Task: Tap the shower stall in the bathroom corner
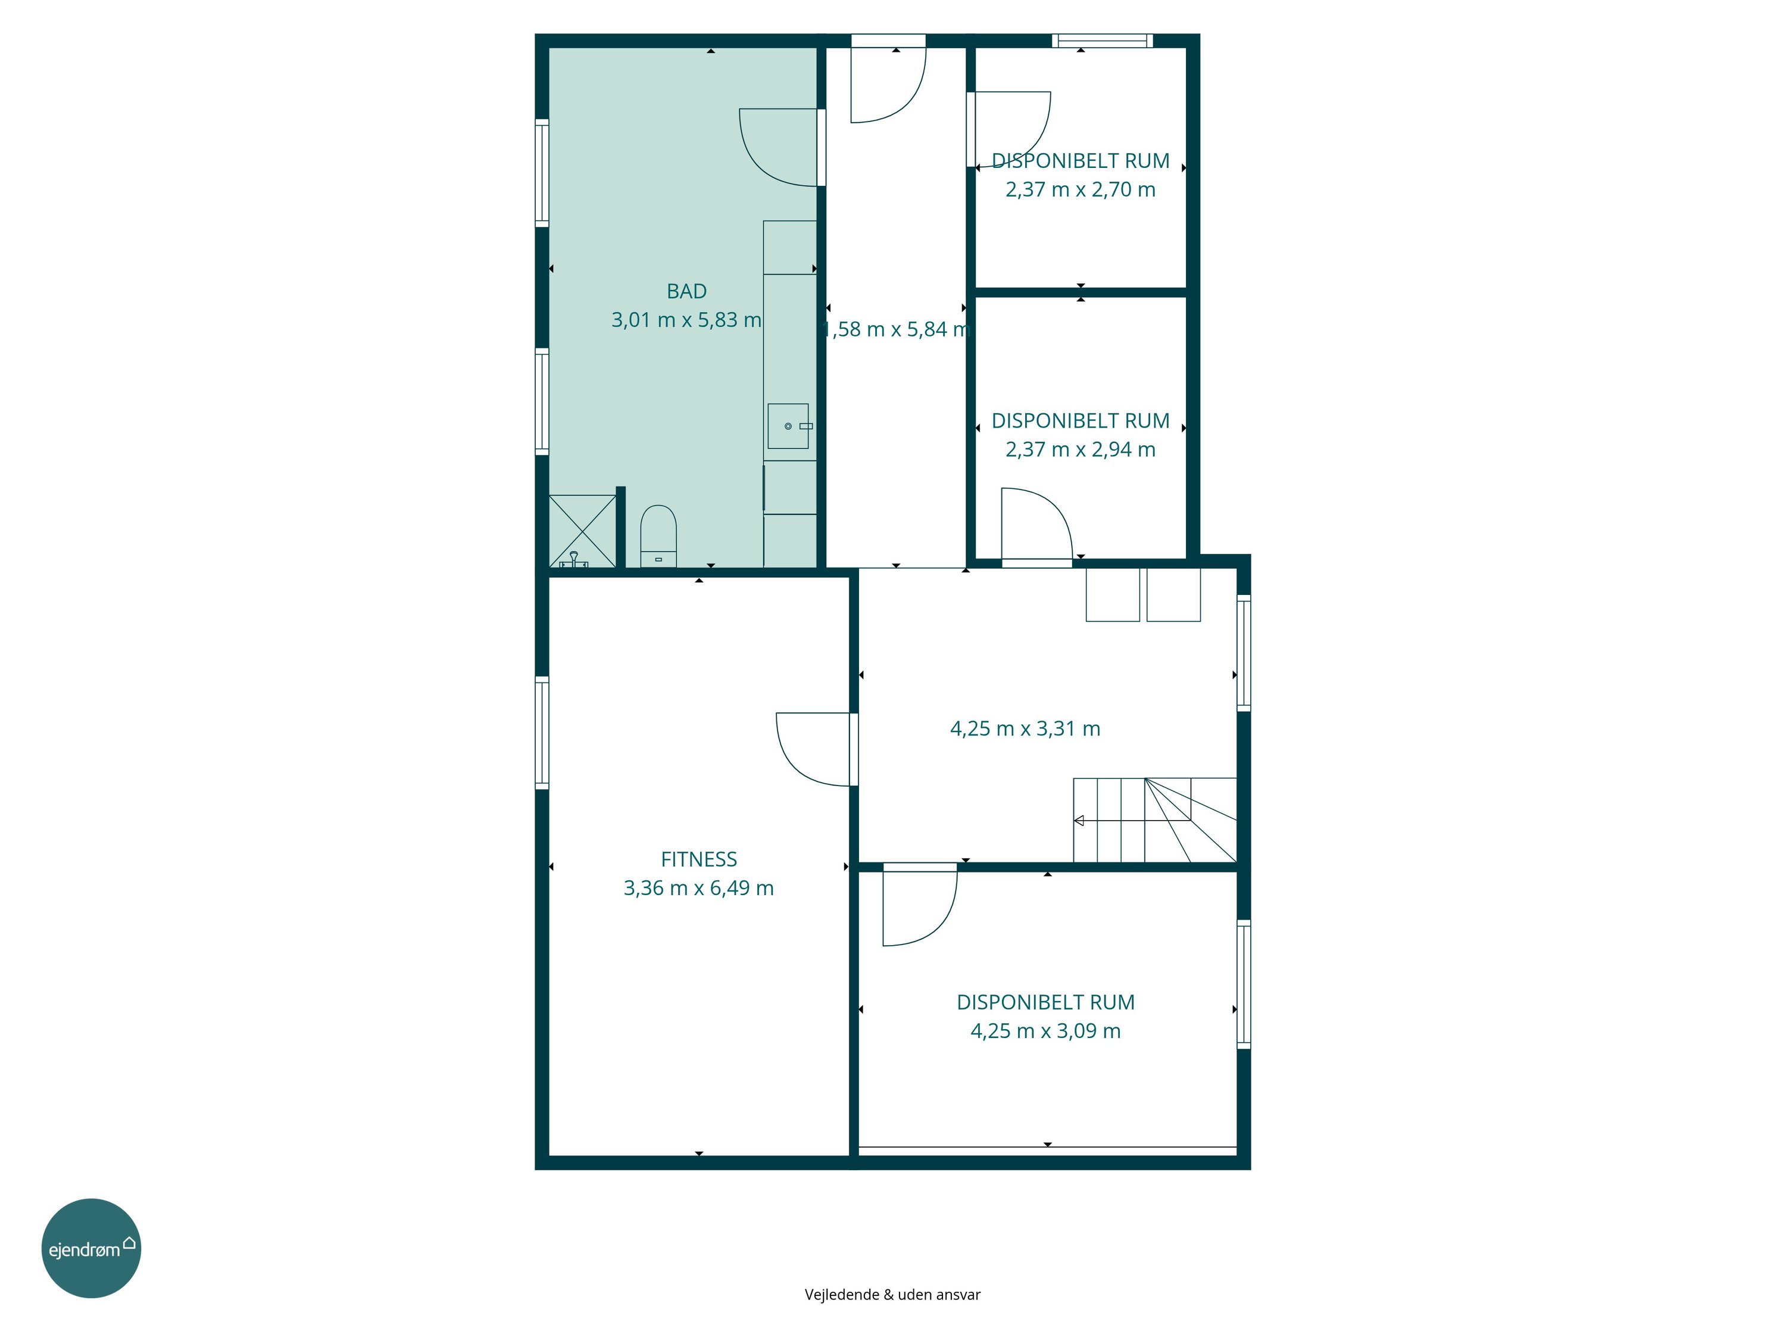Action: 582,531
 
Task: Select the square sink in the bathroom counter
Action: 788,426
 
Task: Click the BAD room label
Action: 687,291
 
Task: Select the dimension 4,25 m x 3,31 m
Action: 1025,728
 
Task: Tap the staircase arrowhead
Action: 1079,821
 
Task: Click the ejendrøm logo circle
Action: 91,1248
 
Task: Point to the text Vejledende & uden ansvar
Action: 892,1295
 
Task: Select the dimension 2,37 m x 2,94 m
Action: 1081,450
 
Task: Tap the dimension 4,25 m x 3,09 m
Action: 1045,1032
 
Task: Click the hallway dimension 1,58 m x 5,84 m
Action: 895,329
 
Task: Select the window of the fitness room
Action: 542,733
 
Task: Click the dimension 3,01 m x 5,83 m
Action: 687,320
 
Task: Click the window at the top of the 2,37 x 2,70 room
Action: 1102,40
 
